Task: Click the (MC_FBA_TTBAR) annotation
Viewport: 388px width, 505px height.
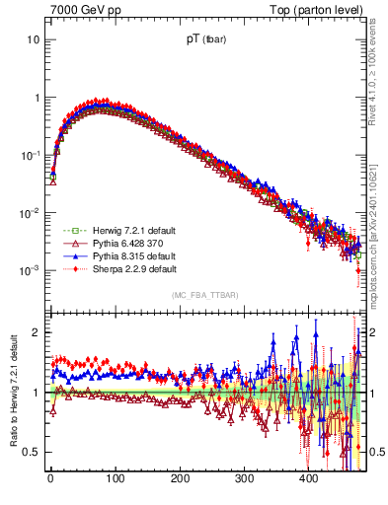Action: click(204, 295)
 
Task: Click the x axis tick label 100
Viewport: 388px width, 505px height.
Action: click(115, 478)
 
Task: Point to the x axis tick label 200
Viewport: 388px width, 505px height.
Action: click(180, 478)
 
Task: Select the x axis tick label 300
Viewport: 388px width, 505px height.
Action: click(244, 478)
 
